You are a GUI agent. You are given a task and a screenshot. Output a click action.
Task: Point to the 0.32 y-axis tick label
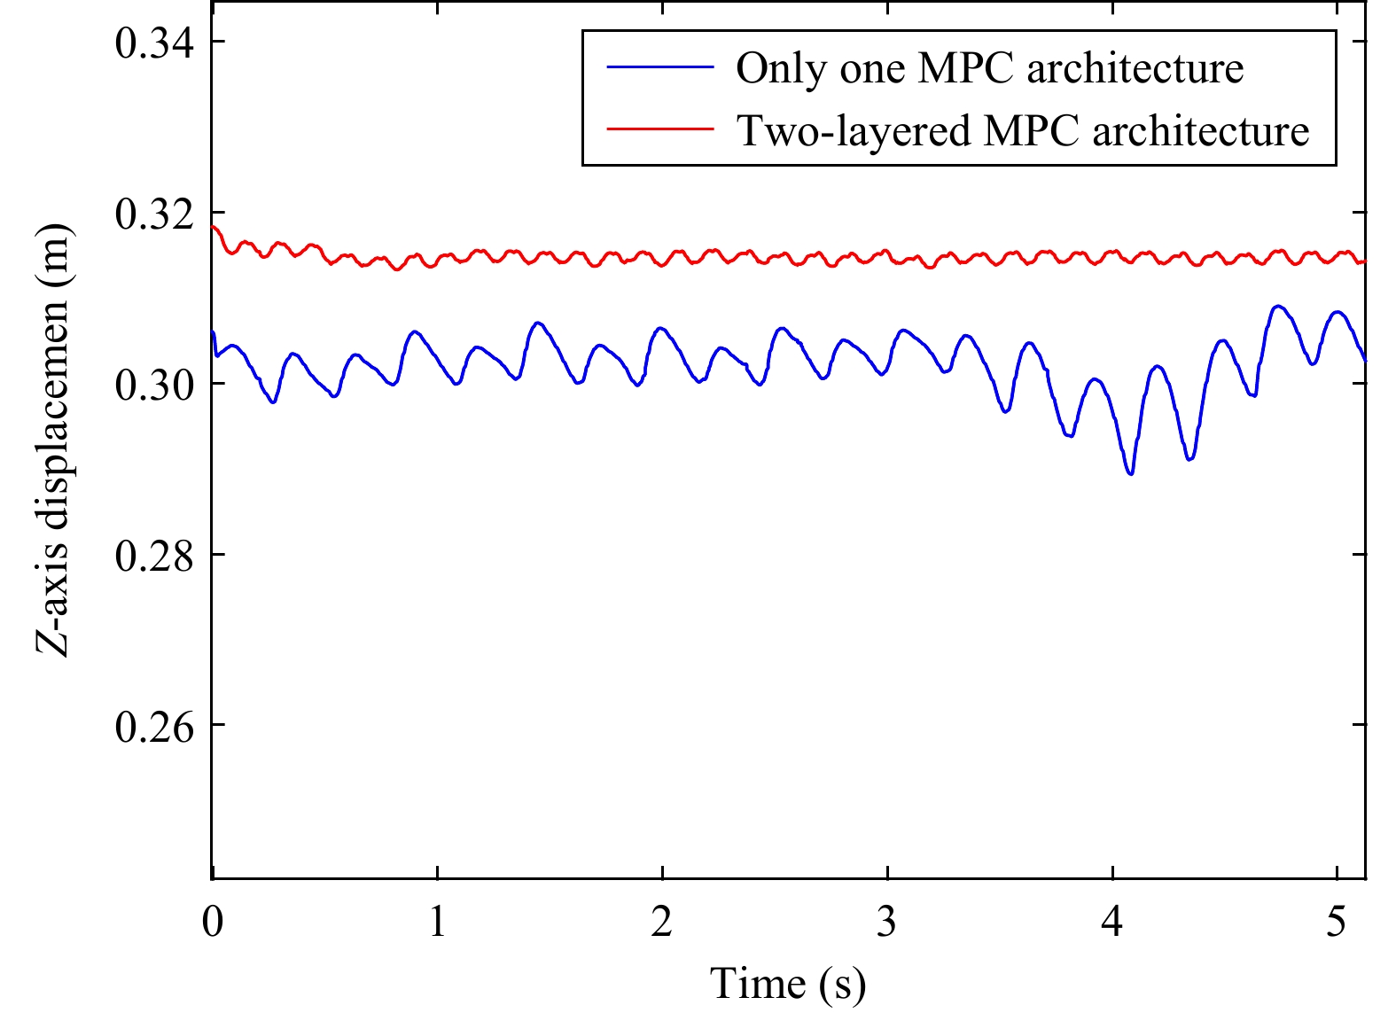coord(154,214)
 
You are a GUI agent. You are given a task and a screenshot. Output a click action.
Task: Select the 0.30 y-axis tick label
coord(154,385)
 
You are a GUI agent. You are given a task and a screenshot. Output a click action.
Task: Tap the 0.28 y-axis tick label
coord(154,556)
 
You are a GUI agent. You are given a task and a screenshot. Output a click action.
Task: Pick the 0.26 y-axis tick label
coord(154,726)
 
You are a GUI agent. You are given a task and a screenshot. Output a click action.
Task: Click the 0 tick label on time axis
coord(213,922)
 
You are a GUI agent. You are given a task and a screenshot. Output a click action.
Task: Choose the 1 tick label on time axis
coord(437,922)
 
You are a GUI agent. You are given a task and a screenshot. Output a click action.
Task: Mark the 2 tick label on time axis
coord(662,922)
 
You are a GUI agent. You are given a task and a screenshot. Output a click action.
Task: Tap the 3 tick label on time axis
coord(887,922)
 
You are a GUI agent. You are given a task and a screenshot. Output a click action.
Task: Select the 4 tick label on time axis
coord(1111,922)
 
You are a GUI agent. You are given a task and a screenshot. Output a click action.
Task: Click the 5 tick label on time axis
coord(1337,922)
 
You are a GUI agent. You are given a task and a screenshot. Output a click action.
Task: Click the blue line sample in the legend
coord(660,67)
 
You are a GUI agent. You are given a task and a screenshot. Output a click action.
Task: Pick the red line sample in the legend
coord(660,129)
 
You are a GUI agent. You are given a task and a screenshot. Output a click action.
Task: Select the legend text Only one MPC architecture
coord(989,68)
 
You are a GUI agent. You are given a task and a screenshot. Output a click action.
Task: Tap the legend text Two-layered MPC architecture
coord(1023,130)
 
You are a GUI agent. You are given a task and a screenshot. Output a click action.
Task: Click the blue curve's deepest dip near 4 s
coord(1130,473)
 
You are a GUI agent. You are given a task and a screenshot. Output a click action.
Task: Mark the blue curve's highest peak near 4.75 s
coord(1277,306)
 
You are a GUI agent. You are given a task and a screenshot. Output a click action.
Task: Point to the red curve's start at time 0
coord(214,227)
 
